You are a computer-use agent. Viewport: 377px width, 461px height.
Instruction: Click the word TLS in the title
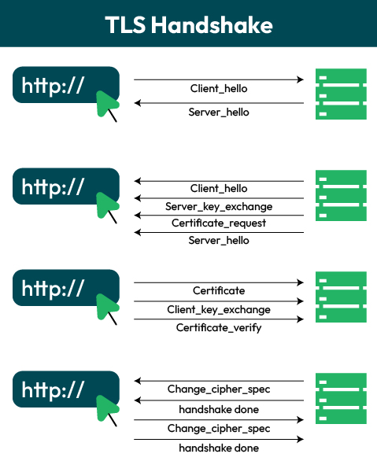click(x=125, y=24)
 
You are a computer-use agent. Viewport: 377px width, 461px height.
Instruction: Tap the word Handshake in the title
click(x=212, y=24)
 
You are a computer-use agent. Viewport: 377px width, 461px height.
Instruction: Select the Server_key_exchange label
click(x=219, y=206)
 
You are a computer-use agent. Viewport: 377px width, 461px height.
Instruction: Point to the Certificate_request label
click(x=219, y=223)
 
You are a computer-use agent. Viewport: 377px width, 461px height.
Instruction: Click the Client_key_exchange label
click(x=219, y=310)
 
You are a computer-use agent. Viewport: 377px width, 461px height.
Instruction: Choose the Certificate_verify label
click(x=219, y=327)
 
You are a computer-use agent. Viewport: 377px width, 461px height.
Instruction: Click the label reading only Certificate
click(x=219, y=291)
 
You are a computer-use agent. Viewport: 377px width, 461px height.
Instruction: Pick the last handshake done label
click(x=219, y=448)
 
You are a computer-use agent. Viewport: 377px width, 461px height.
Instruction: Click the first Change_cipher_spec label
click(x=219, y=389)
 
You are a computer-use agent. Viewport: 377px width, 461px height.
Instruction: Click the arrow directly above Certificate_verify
click(x=219, y=319)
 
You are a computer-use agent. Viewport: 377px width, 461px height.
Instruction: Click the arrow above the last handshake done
click(x=219, y=439)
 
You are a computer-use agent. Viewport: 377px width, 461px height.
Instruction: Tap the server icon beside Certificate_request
click(x=341, y=196)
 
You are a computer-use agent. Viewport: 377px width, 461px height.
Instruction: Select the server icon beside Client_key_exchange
click(x=341, y=297)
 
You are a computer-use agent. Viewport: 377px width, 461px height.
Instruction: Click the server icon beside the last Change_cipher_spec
click(x=341, y=398)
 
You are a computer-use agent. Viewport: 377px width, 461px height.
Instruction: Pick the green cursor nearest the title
click(x=107, y=105)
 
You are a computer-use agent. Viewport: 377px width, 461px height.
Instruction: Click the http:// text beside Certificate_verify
click(x=53, y=289)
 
